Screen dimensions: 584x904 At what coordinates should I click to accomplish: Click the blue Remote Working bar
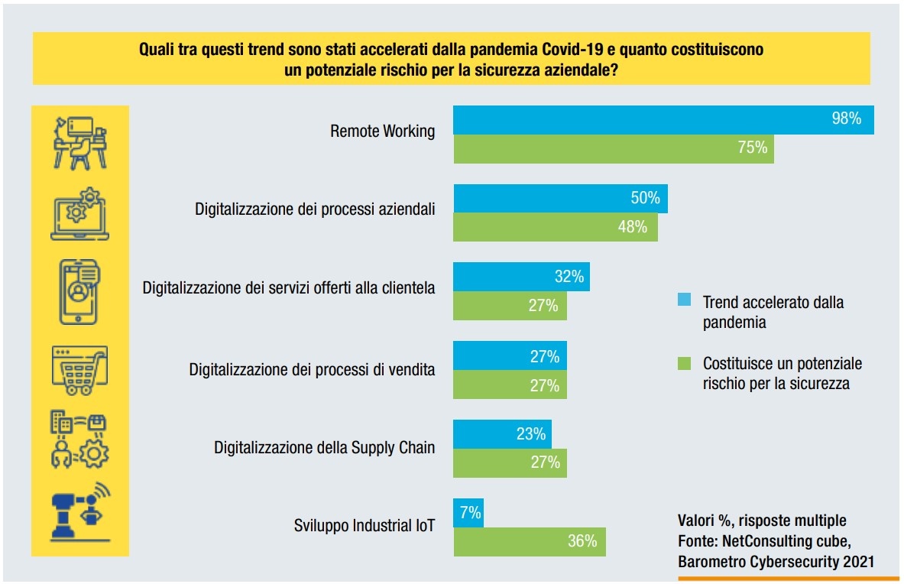point(663,120)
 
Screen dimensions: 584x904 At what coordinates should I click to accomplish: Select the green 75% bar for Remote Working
point(614,148)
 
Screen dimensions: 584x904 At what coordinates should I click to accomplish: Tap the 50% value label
point(644,198)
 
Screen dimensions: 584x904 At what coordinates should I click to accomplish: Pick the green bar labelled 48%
point(556,227)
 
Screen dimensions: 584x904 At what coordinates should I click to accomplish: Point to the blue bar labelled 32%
point(522,277)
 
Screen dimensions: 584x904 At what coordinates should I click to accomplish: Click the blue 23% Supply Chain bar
point(502,434)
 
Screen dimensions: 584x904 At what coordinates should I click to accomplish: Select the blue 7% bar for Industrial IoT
point(468,513)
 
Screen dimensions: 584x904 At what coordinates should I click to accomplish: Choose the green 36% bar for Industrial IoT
point(530,541)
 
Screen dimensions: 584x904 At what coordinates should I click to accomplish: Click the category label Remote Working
point(382,131)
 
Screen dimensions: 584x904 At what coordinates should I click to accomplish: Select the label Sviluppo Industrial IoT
point(365,526)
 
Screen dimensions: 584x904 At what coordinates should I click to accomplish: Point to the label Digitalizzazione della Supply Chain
point(324,447)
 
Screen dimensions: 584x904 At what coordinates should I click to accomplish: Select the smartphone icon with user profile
point(80,290)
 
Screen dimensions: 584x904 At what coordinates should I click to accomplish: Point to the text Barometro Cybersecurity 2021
point(776,562)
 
